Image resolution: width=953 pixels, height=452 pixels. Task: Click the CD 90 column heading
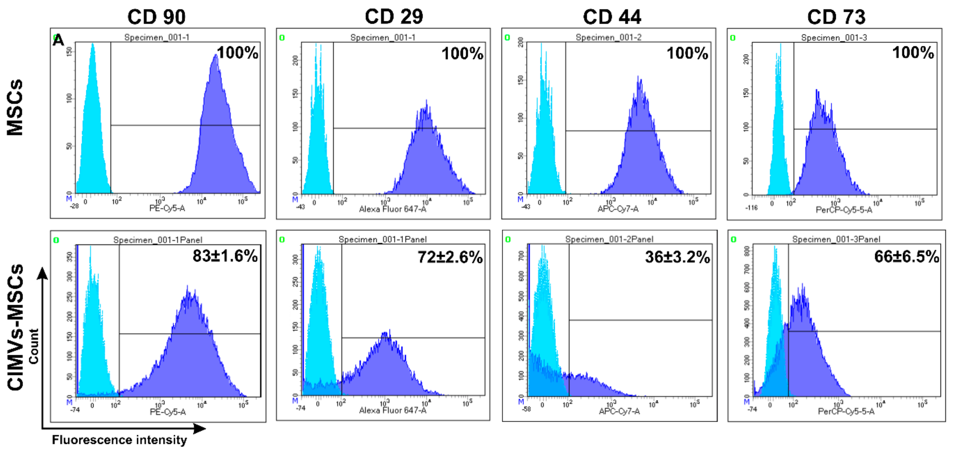click(156, 17)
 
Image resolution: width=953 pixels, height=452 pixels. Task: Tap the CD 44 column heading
click(612, 17)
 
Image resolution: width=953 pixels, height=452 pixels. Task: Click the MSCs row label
click(15, 107)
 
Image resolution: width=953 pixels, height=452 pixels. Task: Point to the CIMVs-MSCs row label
click(15, 327)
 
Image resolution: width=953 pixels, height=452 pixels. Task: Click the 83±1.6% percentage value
click(225, 256)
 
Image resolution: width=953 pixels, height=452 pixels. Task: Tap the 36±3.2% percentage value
click(677, 257)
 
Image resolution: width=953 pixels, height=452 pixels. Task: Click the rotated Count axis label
click(34, 346)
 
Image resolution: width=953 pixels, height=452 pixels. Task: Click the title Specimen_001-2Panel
click(609, 239)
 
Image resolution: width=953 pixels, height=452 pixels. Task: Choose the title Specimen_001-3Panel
click(836, 239)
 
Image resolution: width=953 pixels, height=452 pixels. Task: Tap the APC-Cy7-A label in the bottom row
click(619, 411)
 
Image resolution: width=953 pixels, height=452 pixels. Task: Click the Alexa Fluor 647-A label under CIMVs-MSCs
click(393, 410)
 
